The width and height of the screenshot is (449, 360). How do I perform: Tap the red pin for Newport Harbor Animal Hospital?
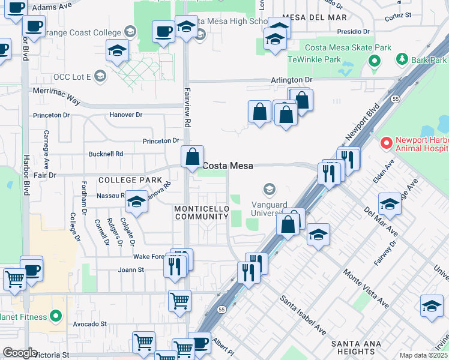pyautogui.click(x=386, y=143)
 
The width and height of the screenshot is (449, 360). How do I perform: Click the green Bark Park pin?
pyautogui.click(x=402, y=59)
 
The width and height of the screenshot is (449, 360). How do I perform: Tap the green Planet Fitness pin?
pyautogui.click(x=56, y=315)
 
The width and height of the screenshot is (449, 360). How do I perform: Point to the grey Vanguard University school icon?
pyautogui.click(x=269, y=190)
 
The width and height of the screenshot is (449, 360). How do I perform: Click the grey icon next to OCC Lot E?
pyautogui.click(x=100, y=76)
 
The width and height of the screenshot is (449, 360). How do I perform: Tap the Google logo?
pyautogui.click(x=20, y=353)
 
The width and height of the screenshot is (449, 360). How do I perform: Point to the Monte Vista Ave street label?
pyautogui.click(x=366, y=288)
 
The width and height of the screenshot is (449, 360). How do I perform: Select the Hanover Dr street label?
pyautogui.click(x=126, y=115)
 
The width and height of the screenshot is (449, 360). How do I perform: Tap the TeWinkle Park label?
pyautogui.click(x=314, y=59)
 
